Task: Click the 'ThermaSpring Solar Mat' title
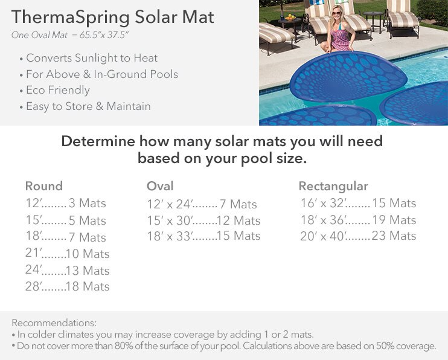pos(112,18)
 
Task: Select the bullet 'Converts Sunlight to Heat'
pos(92,58)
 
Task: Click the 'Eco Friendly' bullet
pos(58,90)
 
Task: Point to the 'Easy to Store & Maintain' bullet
pos(88,106)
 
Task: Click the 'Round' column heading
pos(44,186)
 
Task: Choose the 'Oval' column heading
pos(160,186)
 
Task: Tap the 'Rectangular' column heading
pos(333,186)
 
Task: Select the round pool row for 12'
pos(66,203)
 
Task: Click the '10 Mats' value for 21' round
pos(88,254)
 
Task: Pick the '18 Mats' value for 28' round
pos(88,286)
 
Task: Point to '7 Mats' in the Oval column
pos(238,204)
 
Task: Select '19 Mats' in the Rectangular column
pos(394,220)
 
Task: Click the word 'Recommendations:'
pos(54,323)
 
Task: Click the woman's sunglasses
pos(336,13)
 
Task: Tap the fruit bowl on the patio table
pos(290,18)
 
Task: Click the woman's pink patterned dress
pos(340,39)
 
